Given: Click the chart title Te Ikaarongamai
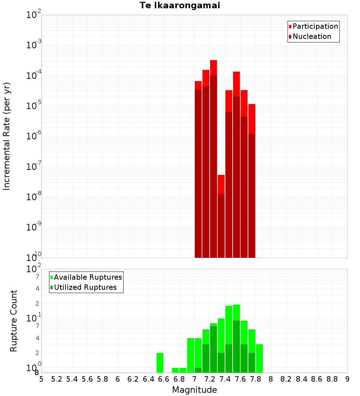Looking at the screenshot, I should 180,5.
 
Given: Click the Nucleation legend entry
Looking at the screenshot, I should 312,36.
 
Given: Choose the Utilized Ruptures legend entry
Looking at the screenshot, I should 85,287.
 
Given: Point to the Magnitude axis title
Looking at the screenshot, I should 194,390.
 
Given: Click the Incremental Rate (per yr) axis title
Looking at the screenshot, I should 6,136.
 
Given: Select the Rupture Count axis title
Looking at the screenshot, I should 14,321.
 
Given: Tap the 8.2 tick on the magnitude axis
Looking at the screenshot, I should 286,379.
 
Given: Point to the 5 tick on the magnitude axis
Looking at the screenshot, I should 41,379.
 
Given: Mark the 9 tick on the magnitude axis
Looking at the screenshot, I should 347,379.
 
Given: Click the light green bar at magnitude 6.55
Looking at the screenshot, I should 160,363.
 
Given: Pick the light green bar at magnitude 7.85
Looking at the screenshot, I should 259,358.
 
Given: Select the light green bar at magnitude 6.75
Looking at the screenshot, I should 175,370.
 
